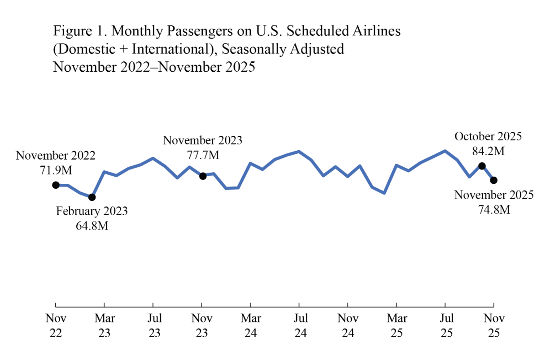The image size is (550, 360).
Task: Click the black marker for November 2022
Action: pos(56,185)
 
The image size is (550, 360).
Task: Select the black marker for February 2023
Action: pos(92,197)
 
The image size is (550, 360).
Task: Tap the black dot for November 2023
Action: pos(203,176)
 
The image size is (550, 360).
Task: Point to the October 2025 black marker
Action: pos(482,166)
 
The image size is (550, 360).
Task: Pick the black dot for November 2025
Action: pos(494,180)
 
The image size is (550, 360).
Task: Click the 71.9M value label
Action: pos(56,170)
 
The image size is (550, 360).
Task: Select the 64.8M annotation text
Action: pos(92,225)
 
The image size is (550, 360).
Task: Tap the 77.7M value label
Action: pos(203,155)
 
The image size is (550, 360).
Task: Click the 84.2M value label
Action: pos(488,151)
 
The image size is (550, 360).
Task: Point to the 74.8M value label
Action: pos(494,209)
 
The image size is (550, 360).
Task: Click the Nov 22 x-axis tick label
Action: pos(56,326)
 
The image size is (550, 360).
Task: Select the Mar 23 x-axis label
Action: pos(105,326)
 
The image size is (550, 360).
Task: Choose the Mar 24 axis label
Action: pos(250,326)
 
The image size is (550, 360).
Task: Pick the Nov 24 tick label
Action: pos(348,326)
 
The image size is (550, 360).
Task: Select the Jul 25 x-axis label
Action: pos(445,326)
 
